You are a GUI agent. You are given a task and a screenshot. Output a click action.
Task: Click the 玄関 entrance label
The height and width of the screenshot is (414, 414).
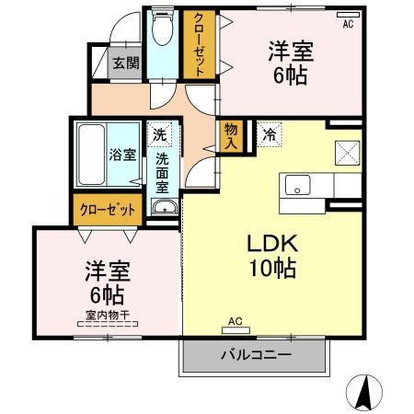click(126, 63)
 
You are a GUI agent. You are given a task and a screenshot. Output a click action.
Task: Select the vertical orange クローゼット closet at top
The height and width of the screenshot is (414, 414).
click(197, 43)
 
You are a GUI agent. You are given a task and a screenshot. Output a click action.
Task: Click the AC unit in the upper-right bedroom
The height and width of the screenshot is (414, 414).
click(347, 17)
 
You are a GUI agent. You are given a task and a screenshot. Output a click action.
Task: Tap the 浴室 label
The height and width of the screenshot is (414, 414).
click(123, 155)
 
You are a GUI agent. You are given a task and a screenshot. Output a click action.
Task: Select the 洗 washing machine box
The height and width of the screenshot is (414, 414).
click(160, 134)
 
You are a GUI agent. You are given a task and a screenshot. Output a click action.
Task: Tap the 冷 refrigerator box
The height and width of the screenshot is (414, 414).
click(270, 134)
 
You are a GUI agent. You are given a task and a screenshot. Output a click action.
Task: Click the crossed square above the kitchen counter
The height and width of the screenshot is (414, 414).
click(345, 150)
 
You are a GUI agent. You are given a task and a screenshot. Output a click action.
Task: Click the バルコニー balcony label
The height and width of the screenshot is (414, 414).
click(256, 355)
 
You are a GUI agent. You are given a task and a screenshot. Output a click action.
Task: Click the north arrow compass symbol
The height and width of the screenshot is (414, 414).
click(364, 393)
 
